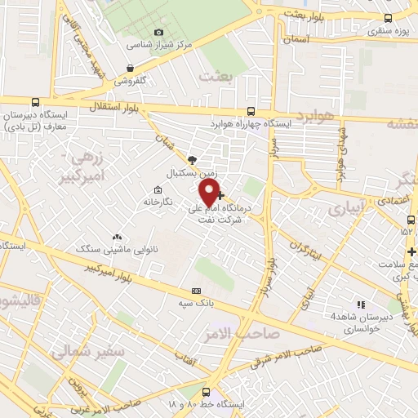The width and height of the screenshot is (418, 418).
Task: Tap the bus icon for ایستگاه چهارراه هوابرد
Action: click(251, 112)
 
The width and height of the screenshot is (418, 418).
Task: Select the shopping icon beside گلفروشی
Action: click(130, 69)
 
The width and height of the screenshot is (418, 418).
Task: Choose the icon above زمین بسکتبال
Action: click(192, 160)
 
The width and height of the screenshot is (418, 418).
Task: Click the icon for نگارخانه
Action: click(158, 189)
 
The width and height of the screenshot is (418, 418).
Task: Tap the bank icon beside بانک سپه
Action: click(195, 290)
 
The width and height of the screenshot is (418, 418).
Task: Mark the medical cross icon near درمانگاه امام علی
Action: click(221, 195)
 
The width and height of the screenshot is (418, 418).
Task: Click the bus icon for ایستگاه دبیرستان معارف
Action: click(35, 102)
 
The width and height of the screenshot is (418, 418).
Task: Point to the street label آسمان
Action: click(298, 38)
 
